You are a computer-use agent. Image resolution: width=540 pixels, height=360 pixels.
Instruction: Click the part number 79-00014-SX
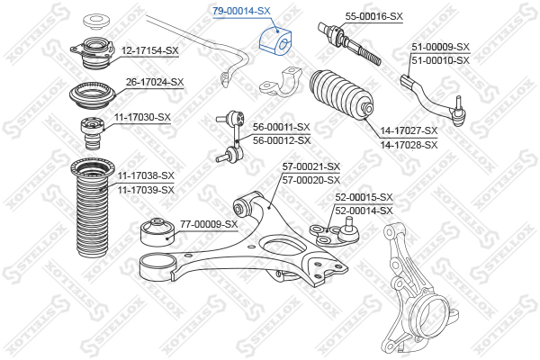pos(241,11)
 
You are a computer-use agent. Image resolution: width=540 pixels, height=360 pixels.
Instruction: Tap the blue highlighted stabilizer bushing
pos(275,40)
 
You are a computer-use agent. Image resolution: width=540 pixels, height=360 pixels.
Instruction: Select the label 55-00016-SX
pos(374,16)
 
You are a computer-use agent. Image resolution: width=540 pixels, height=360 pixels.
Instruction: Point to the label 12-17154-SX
pos(149,50)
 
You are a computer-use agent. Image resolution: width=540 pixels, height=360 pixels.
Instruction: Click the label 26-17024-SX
pos(155,82)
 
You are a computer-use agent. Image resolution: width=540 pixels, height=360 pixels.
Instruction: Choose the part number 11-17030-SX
pos(142,117)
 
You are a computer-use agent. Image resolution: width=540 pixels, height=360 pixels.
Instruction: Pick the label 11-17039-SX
pos(146,190)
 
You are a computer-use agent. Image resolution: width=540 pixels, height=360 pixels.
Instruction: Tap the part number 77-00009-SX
pos(209,224)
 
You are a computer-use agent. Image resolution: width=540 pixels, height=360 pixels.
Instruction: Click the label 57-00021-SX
pos(311,166)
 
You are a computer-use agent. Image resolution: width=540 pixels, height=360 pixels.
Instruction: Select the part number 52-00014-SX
pos(364,211)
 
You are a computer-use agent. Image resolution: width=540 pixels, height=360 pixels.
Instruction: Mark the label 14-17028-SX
pos(409,145)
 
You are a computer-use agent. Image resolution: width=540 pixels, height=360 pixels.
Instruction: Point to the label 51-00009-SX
pos(441,47)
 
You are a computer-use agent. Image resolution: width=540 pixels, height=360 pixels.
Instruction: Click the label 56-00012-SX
pos(282,140)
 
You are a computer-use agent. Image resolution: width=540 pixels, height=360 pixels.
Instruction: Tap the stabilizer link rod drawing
pos(232,137)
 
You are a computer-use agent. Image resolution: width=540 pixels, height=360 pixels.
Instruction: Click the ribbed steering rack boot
pos(341,95)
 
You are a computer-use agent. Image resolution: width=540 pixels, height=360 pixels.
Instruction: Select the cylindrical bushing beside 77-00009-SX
pos(158,232)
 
